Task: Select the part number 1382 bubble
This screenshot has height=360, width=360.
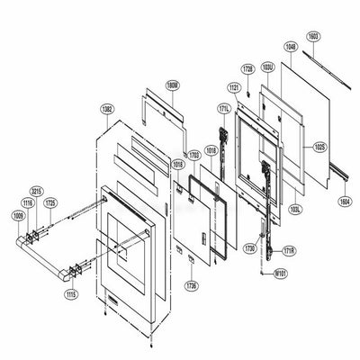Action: [108, 109]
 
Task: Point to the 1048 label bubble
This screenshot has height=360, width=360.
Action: [289, 46]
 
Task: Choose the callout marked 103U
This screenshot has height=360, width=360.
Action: [267, 68]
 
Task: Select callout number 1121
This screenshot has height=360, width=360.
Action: [233, 88]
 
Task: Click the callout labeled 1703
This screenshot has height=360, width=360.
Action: [193, 155]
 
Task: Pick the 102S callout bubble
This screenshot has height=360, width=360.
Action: [319, 145]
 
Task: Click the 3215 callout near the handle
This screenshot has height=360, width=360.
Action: [37, 193]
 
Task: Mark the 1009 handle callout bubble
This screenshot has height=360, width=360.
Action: [17, 217]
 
